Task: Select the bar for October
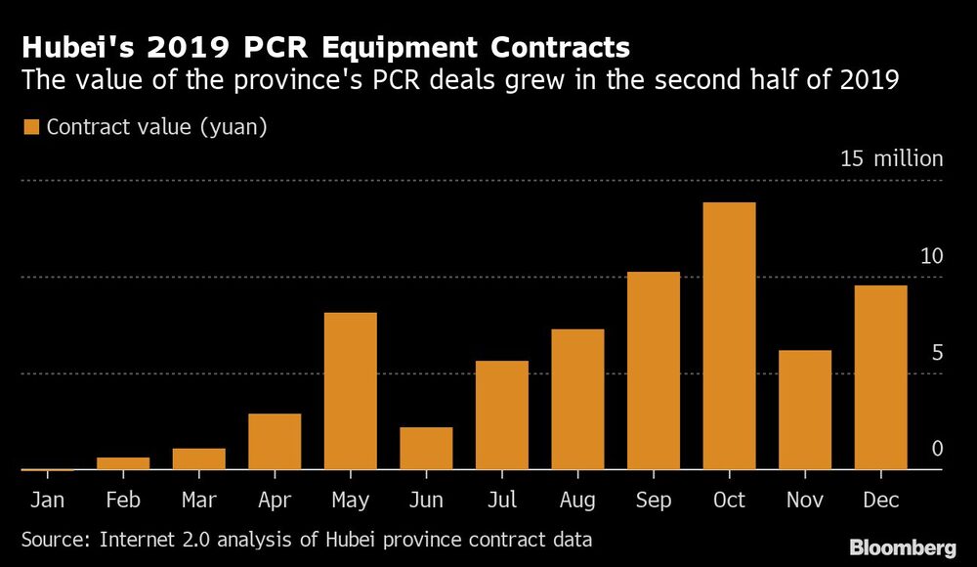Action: [729, 336]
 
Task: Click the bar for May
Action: [350, 391]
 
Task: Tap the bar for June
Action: [426, 449]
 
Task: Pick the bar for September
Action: [653, 371]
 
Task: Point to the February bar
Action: [123, 463]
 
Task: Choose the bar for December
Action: [880, 377]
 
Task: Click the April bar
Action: [275, 442]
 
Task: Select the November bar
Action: [805, 410]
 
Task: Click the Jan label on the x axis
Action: [47, 501]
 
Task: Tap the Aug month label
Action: [577, 501]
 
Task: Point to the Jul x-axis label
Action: [501, 501]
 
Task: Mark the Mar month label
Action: [198, 501]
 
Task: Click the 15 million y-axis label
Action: [891, 159]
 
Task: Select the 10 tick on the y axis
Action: [930, 257]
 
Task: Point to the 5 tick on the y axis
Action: [936, 353]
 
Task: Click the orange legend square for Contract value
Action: [30, 127]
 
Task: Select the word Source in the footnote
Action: [55, 539]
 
